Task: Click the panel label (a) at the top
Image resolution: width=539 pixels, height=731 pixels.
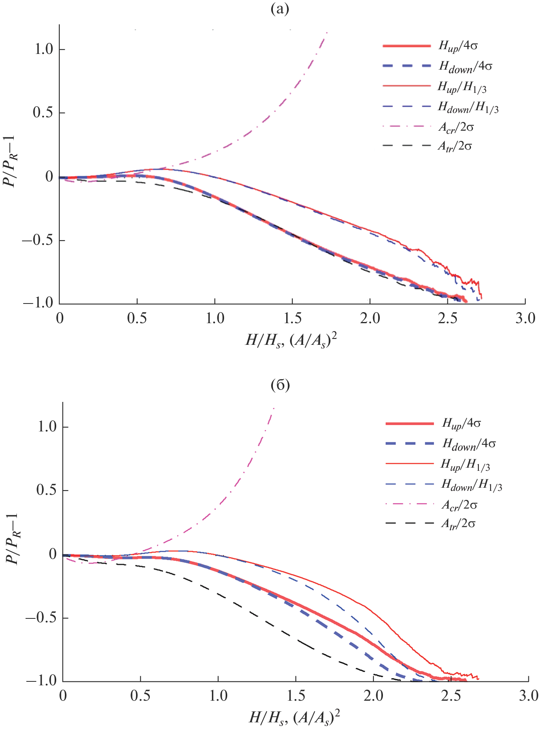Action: coord(280,9)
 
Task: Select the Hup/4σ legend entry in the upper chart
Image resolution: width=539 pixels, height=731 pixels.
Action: coord(458,46)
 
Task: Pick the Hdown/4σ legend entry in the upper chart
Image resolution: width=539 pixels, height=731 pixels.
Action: coord(465,67)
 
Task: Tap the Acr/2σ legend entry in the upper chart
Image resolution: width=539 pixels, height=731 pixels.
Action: coord(456,127)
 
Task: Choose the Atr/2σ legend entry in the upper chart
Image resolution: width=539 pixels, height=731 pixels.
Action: coord(455,146)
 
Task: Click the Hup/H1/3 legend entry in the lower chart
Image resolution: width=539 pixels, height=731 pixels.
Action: coord(465,465)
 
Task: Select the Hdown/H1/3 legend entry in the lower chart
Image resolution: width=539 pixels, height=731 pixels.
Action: coord(472,485)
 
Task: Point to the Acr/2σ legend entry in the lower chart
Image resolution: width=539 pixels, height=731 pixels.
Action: coord(459,505)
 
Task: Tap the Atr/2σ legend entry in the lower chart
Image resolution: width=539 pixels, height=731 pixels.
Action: coord(458,524)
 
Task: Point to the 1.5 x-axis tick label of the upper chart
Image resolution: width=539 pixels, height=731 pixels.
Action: coord(292,318)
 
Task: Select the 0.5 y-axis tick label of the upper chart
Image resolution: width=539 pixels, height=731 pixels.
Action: coord(43,113)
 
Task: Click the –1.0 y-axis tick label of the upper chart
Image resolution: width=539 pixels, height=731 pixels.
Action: coord(38,303)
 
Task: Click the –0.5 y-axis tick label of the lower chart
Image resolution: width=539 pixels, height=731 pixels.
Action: coord(41,618)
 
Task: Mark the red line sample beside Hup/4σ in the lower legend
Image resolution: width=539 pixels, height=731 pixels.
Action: coord(410,424)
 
